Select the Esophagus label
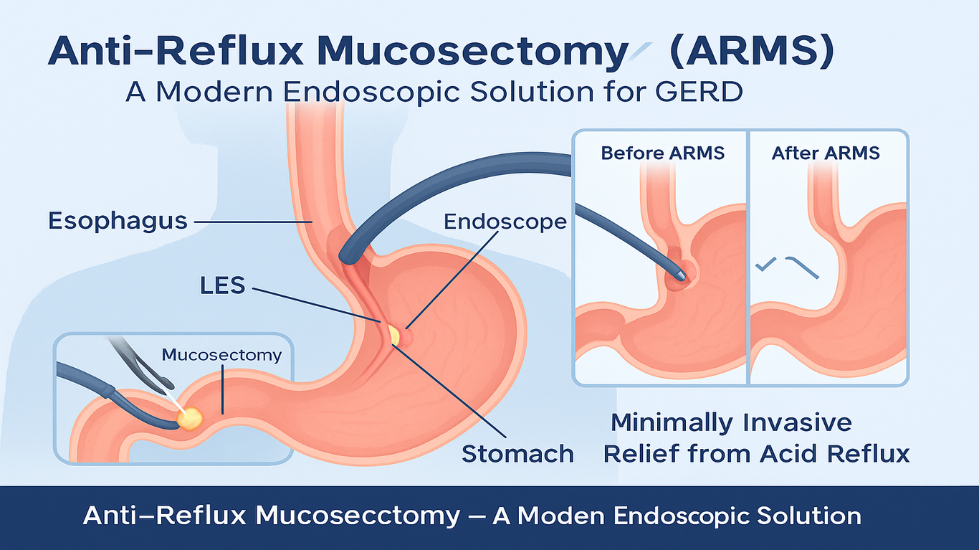pos(118,220)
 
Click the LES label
pos(222,285)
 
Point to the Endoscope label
pos(505,222)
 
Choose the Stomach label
pos(517,453)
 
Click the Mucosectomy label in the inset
pos(222,355)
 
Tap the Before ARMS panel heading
pos(663,153)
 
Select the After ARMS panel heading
pos(826,153)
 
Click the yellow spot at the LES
pos(393,333)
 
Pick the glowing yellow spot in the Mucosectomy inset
pos(191,418)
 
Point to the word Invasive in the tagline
pos(796,422)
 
